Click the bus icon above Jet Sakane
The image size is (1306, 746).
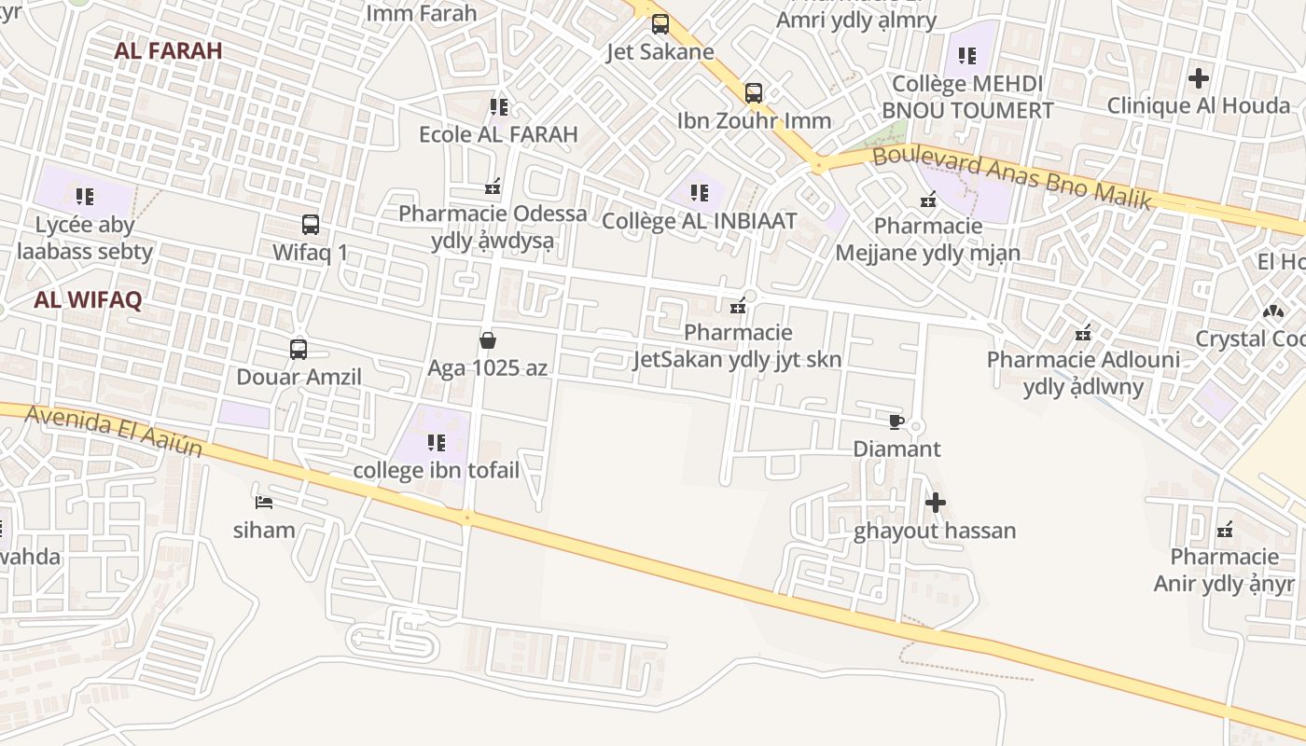[x=660, y=24]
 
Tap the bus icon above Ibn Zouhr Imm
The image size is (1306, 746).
[x=754, y=93]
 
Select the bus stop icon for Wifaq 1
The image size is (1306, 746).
[x=311, y=225]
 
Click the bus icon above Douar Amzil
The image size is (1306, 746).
[x=299, y=350]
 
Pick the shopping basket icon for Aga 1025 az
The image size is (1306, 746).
[x=487, y=340]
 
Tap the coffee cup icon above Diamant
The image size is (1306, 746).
[x=896, y=421]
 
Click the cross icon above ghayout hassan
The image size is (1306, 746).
[x=935, y=504]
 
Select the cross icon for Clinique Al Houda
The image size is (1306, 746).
[x=1199, y=78]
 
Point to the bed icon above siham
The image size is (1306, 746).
[x=264, y=503]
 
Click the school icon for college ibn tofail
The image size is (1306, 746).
[x=436, y=443]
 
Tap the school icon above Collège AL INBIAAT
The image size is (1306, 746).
[x=699, y=193]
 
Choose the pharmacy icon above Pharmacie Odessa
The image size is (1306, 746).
[x=493, y=186]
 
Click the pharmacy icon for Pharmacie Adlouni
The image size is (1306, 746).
[x=1083, y=332]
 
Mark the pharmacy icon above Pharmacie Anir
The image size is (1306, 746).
[x=1225, y=530]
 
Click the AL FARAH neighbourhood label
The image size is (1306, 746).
[x=168, y=51]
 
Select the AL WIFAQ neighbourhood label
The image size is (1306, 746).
[x=88, y=300]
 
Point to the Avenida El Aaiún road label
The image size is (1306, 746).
[x=114, y=430]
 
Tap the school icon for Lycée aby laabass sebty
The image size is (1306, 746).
[x=85, y=197]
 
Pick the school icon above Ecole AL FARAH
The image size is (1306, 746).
[x=498, y=107]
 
